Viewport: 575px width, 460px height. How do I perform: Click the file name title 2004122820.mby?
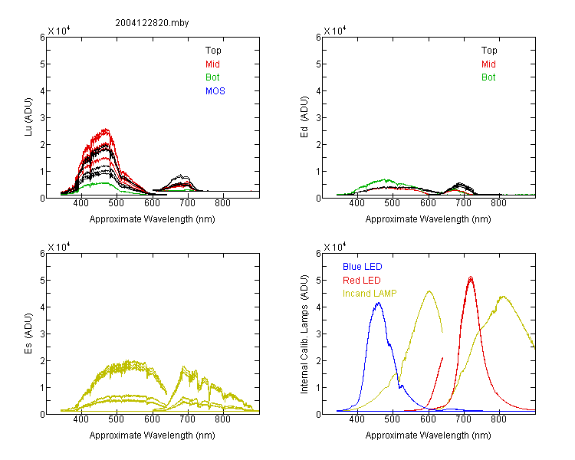coord(152,23)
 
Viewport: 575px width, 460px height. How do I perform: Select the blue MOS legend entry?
coord(215,91)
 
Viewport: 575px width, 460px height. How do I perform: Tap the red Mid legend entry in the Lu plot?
coord(212,64)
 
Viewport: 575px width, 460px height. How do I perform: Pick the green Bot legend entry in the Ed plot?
coord(488,77)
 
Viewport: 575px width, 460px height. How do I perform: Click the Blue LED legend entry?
coord(363,267)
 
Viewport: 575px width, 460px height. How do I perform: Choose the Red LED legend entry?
coord(362,281)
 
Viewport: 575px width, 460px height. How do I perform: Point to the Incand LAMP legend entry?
coord(370,294)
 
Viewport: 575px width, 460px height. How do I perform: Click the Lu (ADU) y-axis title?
coord(28,117)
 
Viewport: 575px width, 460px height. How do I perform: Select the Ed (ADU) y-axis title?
coord(304,117)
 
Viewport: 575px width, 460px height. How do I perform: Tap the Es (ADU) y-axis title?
coord(28,333)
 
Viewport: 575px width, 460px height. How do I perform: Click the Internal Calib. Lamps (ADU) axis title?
coord(304,334)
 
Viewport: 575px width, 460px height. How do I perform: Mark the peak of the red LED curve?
coord(471,278)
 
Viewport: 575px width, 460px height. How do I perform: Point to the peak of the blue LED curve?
coord(378,303)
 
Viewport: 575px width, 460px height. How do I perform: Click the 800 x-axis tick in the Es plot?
coord(222,419)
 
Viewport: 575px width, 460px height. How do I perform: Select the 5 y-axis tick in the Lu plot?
coord(42,64)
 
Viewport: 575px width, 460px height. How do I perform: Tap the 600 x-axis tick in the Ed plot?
coord(428,203)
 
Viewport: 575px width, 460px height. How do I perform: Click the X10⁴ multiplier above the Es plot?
coord(59,247)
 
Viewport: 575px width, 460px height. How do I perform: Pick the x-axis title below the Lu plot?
coord(153,219)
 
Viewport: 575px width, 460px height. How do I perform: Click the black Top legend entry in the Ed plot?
coord(489,51)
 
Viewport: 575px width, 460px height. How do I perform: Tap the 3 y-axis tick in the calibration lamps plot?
coord(318,334)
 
